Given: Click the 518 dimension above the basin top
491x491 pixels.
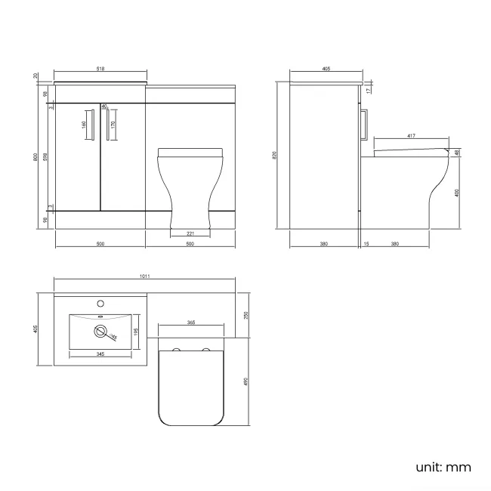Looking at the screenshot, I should click(x=100, y=69).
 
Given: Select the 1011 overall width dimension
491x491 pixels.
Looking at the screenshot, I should click(x=144, y=276).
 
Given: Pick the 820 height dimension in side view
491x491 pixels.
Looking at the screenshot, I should click(x=275, y=155).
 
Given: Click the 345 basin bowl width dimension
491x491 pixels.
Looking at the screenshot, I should click(x=100, y=354).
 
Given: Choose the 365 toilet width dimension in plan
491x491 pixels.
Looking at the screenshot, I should click(x=190, y=323).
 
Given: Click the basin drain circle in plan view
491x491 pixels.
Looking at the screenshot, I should click(x=100, y=330).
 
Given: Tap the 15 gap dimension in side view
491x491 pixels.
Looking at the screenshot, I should click(x=366, y=243).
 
